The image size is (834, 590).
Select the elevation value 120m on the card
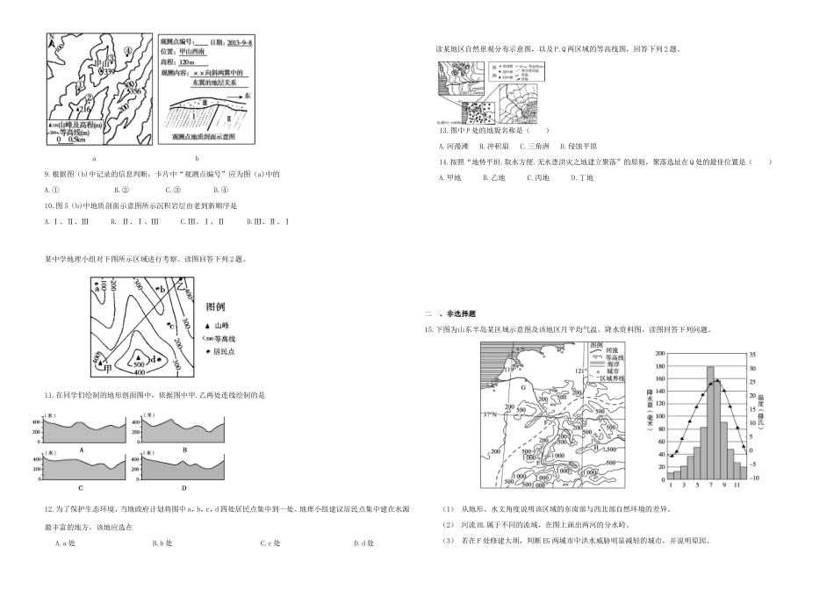[x=185, y=62]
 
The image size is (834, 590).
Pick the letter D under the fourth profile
[x=183, y=487]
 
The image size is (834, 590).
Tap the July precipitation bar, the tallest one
[x=709, y=420]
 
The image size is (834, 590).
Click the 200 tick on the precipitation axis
[x=657, y=356]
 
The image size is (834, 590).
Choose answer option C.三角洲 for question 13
[x=534, y=146]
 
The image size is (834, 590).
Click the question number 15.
[x=428, y=330]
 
